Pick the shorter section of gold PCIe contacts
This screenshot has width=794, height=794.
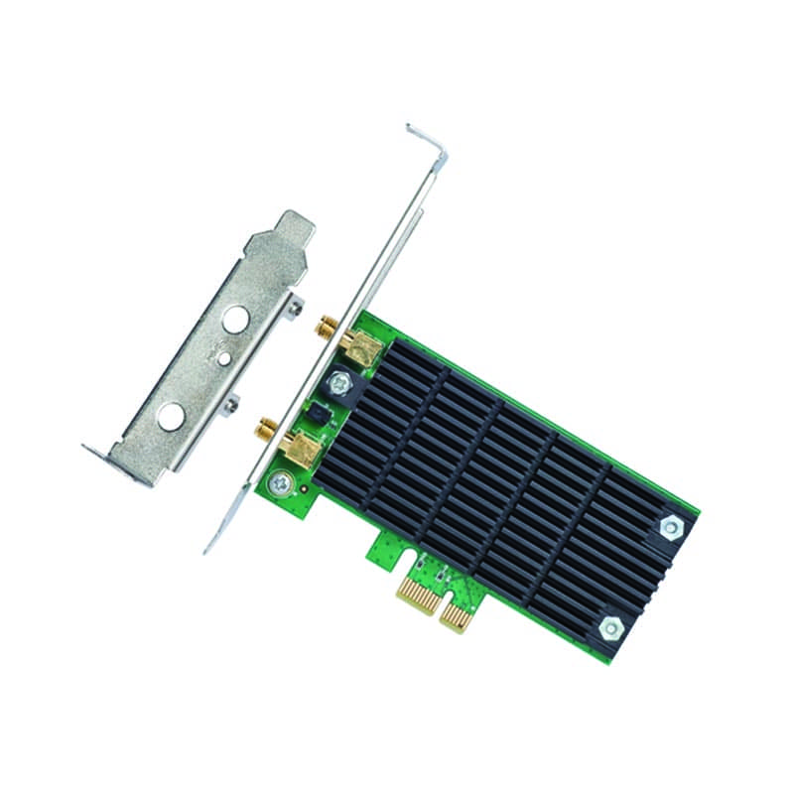tap(457, 616)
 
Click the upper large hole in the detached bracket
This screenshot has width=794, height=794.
tap(235, 319)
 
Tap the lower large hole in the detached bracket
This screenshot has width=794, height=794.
tap(171, 417)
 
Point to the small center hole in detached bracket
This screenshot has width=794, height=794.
tap(224, 357)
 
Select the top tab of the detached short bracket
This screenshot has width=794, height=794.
tap(282, 230)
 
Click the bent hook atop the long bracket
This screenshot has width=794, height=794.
tap(427, 139)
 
